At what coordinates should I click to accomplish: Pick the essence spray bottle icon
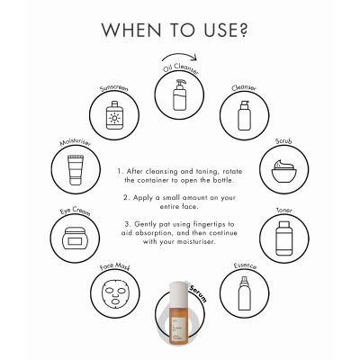(x=241, y=292)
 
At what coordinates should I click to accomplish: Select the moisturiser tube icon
(x=76, y=169)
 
